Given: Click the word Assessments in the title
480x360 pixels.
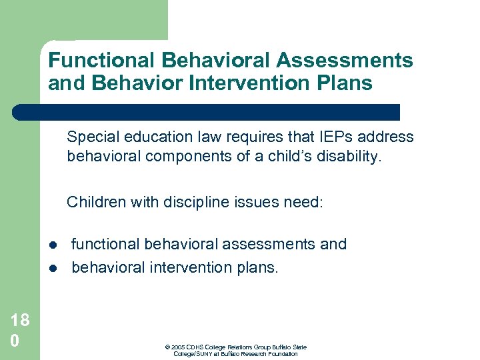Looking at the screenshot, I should tap(345, 61).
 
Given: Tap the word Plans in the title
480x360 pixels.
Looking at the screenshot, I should tap(347, 83).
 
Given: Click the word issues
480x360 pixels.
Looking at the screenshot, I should tap(247, 202).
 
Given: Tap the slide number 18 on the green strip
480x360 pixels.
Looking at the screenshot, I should tap(20, 320).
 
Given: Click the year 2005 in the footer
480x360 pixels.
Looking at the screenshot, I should tap(177, 347).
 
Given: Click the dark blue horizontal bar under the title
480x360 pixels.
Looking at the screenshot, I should tap(207, 112).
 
